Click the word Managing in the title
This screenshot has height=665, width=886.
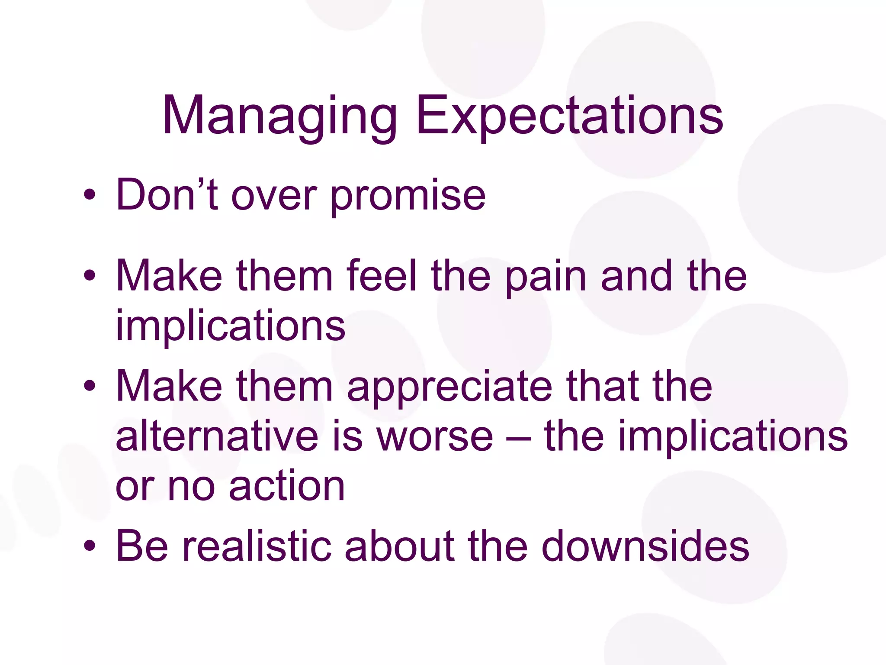[279, 117]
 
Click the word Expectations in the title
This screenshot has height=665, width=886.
[569, 117]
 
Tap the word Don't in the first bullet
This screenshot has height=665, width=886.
[167, 196]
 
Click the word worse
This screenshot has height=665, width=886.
[434, 437]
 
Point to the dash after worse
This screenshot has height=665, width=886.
[518, 437]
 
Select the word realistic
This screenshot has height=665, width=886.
[257, 546]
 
